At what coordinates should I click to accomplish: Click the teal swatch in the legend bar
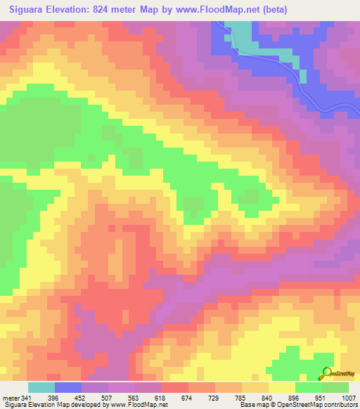(x=41, y=387)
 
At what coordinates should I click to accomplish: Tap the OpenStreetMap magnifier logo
(x=327, y=374)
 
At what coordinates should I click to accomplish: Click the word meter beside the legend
(x=11, y=398)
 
